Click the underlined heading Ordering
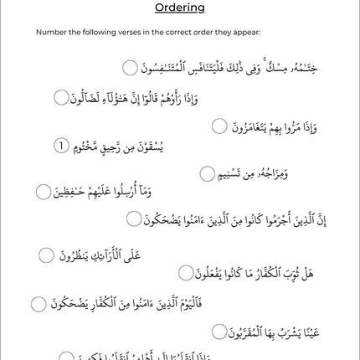click(180, 9)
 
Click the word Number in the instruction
click(48, 33)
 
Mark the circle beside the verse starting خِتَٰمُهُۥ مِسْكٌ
click(130, 68)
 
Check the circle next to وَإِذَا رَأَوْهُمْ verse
click(61, 97)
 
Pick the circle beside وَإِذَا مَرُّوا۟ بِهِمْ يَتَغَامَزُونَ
click(219, 126)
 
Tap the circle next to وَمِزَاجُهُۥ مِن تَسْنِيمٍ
click(208, 173)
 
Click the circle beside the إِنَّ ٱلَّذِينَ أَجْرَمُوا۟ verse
click(134, 219)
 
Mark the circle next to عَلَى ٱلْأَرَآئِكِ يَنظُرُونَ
click(46, 254)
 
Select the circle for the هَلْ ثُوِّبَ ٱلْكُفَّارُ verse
click(186, 273)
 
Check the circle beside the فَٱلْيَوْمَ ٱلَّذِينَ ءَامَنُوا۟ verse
click(38, 304)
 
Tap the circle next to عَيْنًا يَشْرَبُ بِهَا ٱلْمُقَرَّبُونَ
click(219, 332)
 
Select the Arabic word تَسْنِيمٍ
click(238, 174)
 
